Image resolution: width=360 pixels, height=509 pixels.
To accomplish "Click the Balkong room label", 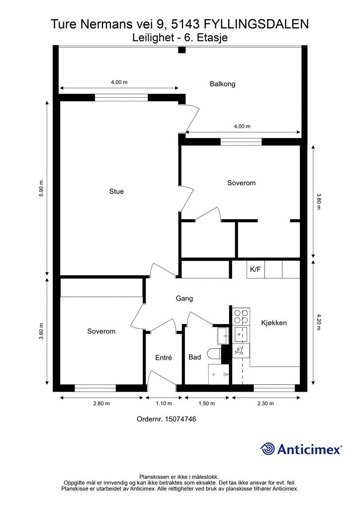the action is (x=222, y=84).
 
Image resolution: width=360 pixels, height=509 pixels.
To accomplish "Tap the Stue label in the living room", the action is (x=116, y=191).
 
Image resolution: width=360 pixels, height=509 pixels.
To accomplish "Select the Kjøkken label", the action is (x=274, y=323).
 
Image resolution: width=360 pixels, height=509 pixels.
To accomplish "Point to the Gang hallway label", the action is (x=184, y=298).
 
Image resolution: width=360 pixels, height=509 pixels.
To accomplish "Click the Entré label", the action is (x=163, y=357).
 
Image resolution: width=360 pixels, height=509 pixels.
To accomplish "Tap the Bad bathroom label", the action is (x=194, y=357).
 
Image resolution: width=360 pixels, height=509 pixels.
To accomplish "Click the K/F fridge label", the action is (x=255, y=269).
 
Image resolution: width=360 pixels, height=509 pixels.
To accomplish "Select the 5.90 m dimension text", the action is (x=41, y=188).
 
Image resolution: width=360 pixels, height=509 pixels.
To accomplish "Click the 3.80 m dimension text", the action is (x=318, y=201).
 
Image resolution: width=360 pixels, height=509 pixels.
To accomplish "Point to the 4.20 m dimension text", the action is (x=318, y=322).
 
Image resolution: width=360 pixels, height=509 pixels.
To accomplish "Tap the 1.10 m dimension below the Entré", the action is (x=164, y=404).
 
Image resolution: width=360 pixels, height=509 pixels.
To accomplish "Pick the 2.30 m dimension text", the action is (x=265, y=404).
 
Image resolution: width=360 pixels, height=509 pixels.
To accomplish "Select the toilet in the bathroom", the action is (x=215, y=355).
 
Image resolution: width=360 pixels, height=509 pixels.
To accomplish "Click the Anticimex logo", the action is (x=301, y=449).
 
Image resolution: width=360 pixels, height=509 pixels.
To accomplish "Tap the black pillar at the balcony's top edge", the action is (x=182, y=50).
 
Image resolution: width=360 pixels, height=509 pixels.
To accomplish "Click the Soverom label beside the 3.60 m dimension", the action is (x=101, y=331).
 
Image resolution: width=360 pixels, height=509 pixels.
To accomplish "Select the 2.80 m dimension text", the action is (x=101, y=404).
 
